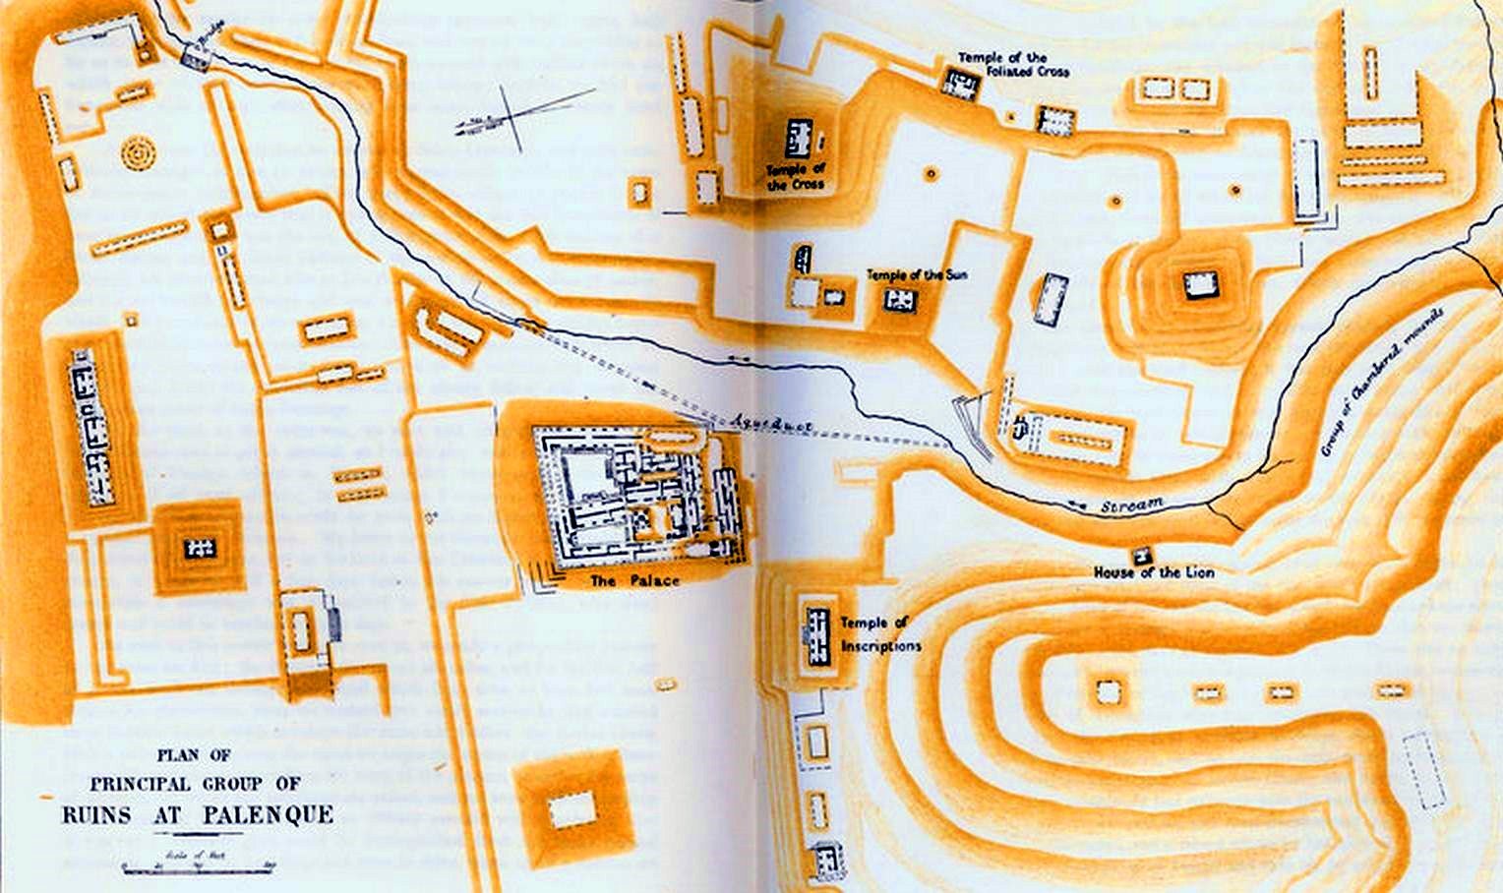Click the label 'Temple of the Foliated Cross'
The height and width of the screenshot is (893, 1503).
pyautogui.click(x=1013, y=65)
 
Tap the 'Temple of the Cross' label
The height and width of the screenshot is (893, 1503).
pyautogui.click(x=796, y=177)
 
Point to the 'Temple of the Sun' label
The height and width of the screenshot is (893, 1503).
pyautogui.click(x=916, y=274)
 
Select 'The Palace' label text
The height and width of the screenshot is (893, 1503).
pyautogui.click(x=634, y=581)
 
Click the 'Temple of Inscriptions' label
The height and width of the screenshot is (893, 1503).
pyautogui.click(x=880, y=634)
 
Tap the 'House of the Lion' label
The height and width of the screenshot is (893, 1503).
pyautogui.click(x=1153, y=572)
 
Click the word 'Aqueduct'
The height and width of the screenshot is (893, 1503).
pyautogui.click(x=771, y=424)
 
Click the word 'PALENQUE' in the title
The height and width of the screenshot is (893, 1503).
pyautogui.click(x=269, y=815)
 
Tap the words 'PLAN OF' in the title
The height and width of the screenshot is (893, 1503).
pyautogui.click(x=194, y=755)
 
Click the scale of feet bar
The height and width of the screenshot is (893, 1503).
pyautogui.click(x=198, y=868)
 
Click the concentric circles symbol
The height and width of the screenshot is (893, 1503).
pyautogui.click(x=139, y=153)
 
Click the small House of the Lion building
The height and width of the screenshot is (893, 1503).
pyautogui.click(x=1141, y=554)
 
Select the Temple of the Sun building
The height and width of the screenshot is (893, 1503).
pyautogui.click(x=899, y=299)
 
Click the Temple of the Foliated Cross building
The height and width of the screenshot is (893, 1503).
pyautogui.click(x=960, y=83)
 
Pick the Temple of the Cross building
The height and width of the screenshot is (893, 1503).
pyautogui.click(x=798, y=138)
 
